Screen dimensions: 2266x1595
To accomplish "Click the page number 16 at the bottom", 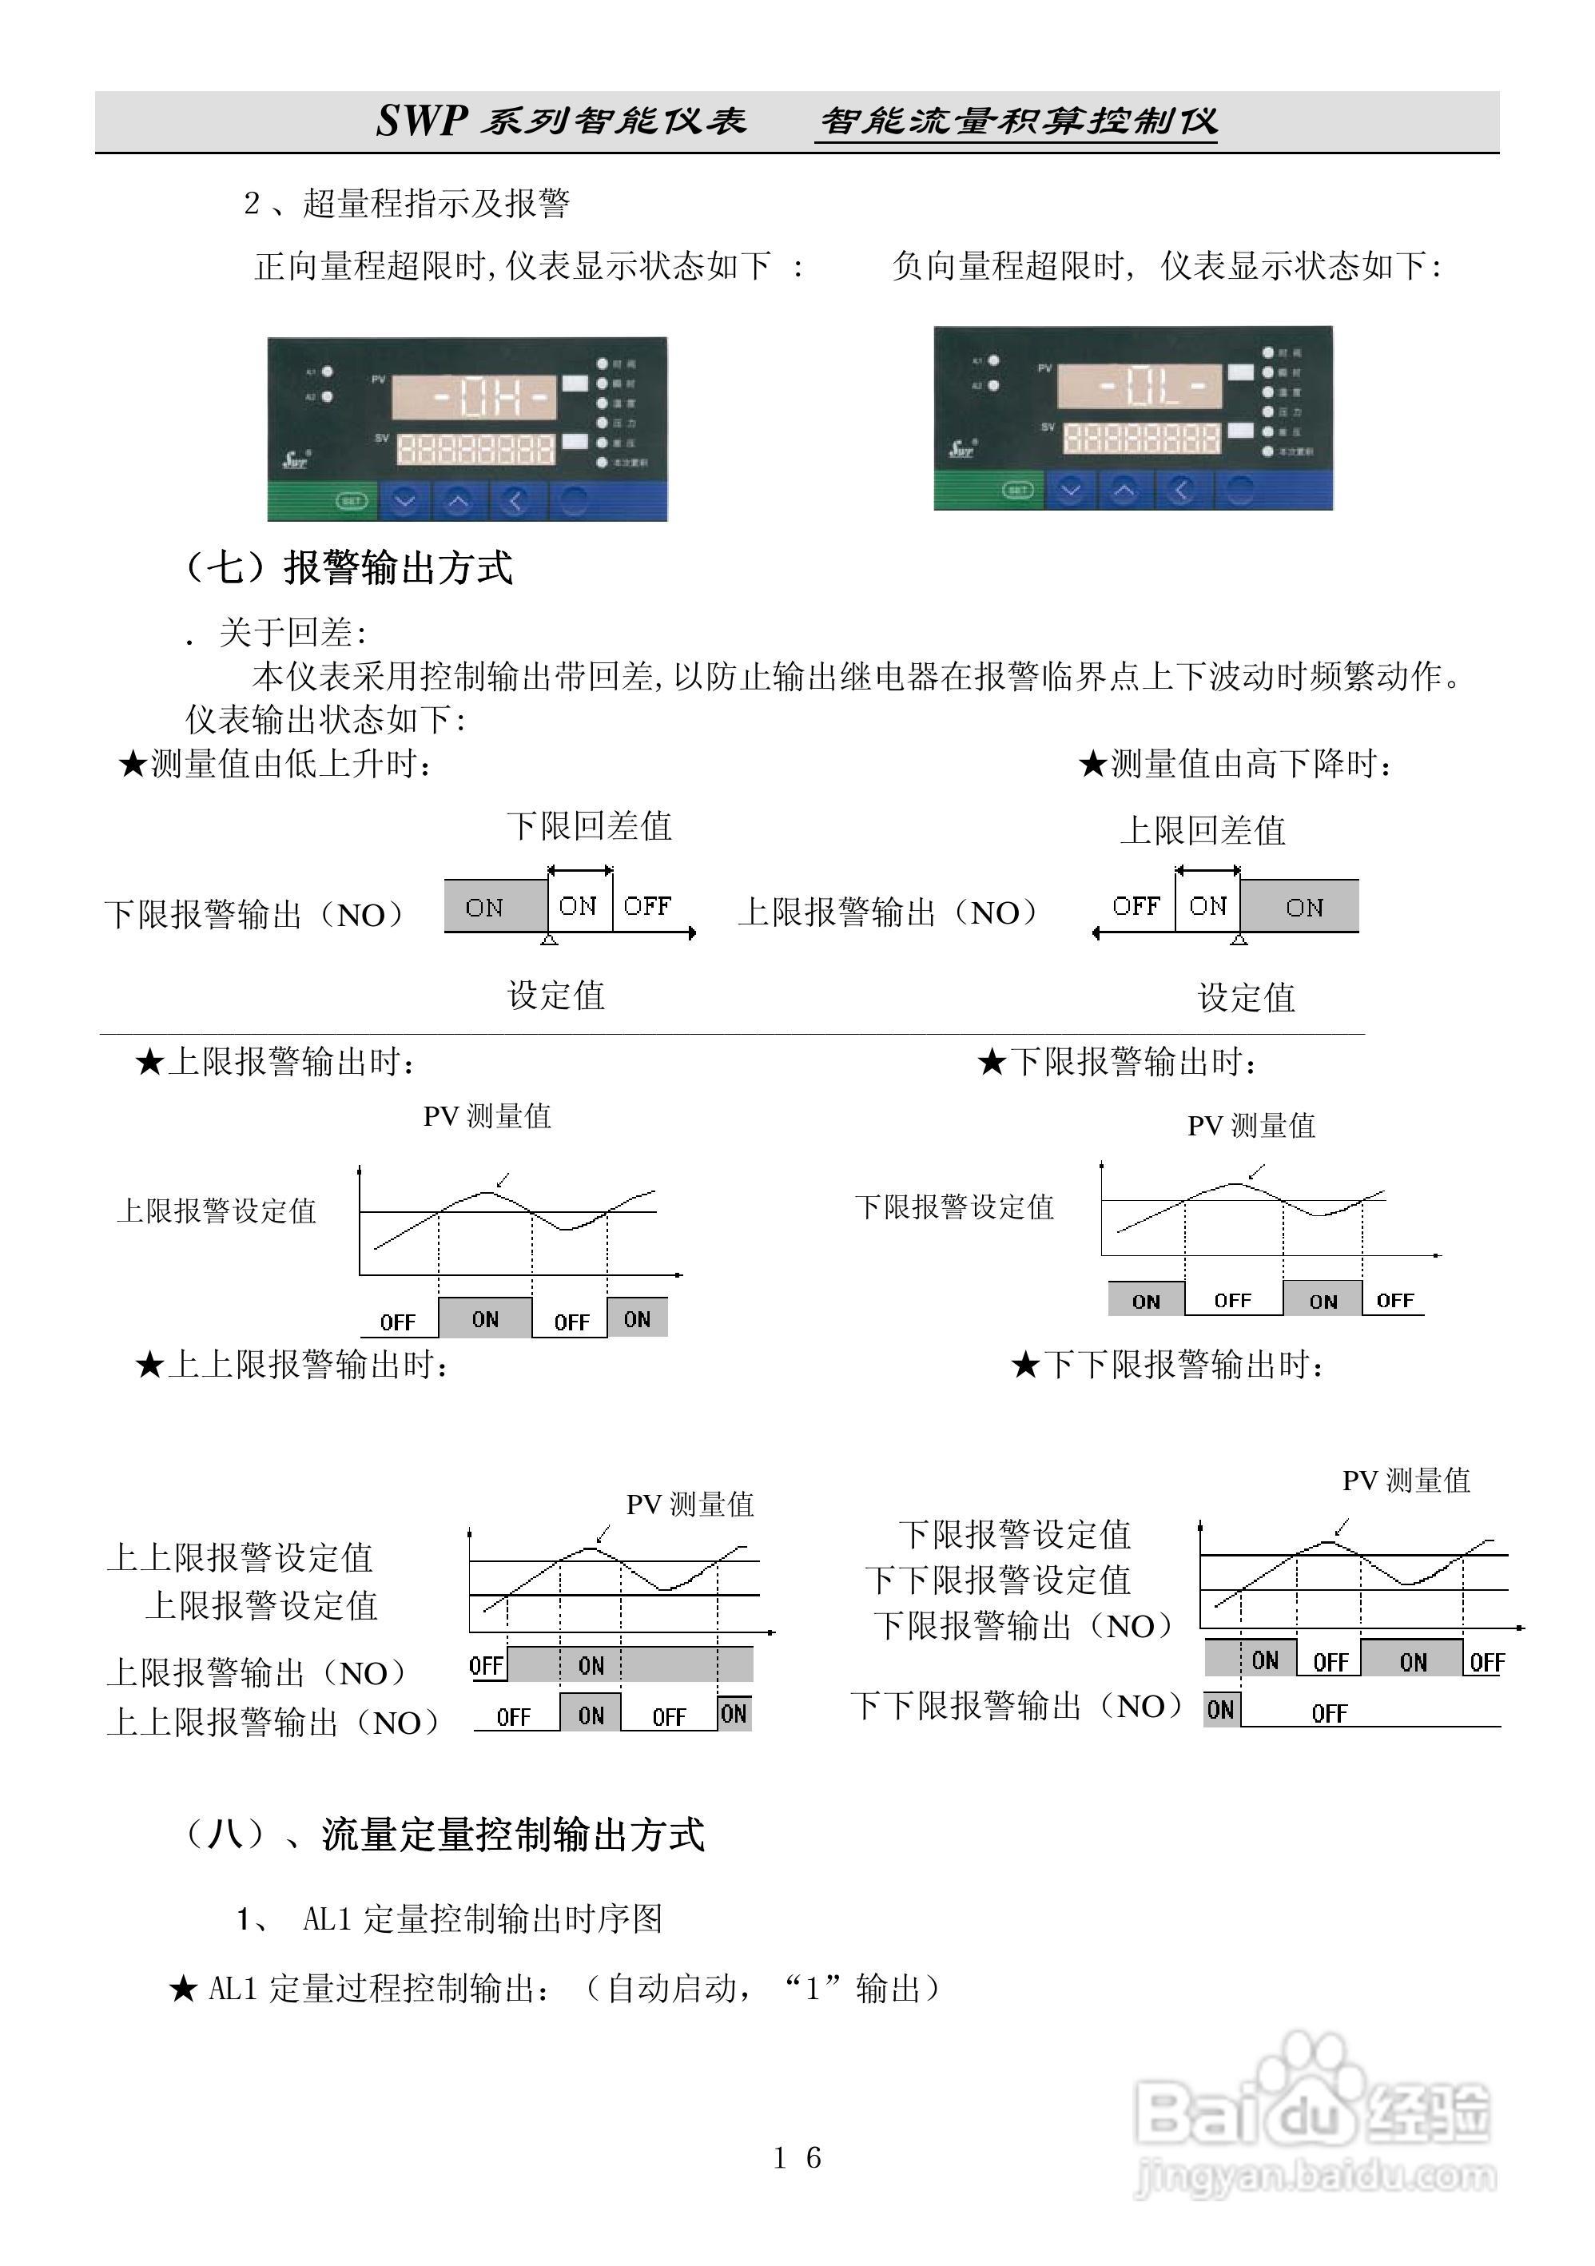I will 797,2157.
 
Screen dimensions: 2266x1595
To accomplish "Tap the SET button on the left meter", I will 352,501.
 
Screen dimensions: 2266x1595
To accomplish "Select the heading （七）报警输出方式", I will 349,567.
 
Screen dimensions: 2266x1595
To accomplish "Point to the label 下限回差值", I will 589,826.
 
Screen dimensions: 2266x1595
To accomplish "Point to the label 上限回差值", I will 1202,830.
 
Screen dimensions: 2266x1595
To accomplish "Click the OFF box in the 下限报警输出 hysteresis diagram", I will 647,906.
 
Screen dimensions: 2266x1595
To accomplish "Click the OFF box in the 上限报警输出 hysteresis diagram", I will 1135,906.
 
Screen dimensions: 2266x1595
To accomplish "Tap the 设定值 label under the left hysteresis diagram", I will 555,995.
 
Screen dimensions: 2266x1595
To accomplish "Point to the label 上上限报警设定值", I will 240,1557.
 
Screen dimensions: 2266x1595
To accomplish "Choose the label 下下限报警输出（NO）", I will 1016,1705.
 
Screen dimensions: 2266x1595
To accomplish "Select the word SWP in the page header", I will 421,121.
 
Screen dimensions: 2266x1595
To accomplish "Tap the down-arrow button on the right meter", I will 1071,490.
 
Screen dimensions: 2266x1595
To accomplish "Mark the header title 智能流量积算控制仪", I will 1019,121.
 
